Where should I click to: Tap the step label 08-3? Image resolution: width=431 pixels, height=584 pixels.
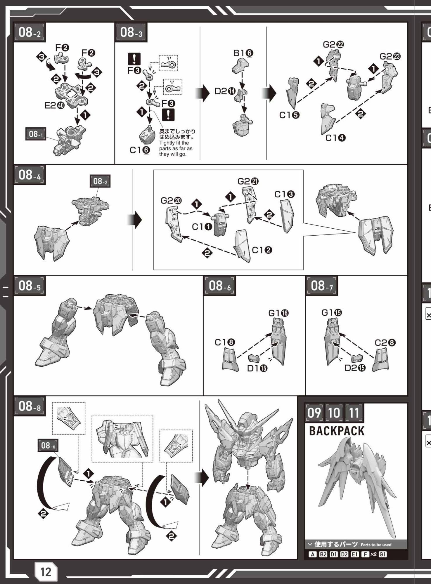click(131, 32)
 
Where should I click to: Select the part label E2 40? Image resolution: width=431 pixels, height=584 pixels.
click(55, 105)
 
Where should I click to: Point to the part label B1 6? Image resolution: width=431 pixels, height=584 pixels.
click(243, 53)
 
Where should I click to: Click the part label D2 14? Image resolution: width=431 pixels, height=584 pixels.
click(225, 91)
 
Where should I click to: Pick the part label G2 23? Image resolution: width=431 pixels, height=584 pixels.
click(390, 56)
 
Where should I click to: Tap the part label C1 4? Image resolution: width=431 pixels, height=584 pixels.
click(335, 138)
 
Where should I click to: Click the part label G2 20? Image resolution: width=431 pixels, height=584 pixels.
click(171, 201)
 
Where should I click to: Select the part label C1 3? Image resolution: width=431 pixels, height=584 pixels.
click(285, 194)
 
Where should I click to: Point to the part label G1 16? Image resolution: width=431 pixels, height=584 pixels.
click(278, 313)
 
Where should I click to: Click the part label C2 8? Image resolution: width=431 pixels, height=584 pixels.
click(385, 343)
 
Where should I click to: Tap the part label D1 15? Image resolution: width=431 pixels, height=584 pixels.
click(257, 369)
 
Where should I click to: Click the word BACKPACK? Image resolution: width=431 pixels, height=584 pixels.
click(337, 431)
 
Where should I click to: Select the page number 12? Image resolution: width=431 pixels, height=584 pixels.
click(46, 571)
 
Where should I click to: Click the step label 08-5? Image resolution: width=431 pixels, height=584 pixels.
click(30, 286)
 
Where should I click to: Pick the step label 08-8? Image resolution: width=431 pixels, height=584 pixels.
click(30, 406)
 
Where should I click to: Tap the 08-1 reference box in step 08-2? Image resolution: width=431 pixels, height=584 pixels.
click(36, 134)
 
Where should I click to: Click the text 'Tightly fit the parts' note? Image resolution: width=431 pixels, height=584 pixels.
click(176, 148)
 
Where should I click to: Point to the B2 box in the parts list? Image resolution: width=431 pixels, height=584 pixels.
click(323, 554)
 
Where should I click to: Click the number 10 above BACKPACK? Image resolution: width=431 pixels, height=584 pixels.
click(334, 413)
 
